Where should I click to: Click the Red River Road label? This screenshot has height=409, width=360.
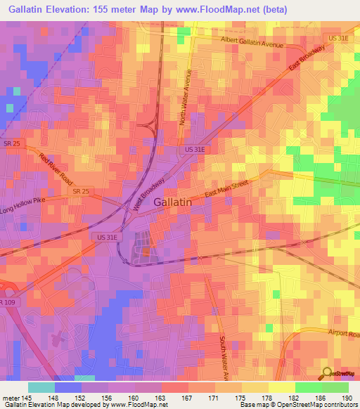[x=56, y=169]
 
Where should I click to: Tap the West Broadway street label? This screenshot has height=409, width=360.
[x=148, y=193]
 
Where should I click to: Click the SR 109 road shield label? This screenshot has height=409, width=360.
[x=6, y=301]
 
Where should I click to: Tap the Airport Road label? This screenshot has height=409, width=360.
[x=343, y=334]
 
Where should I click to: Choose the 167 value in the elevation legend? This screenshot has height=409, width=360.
[x=187, y=398]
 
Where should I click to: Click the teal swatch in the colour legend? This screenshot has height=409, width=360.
[x=41, y=387]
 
